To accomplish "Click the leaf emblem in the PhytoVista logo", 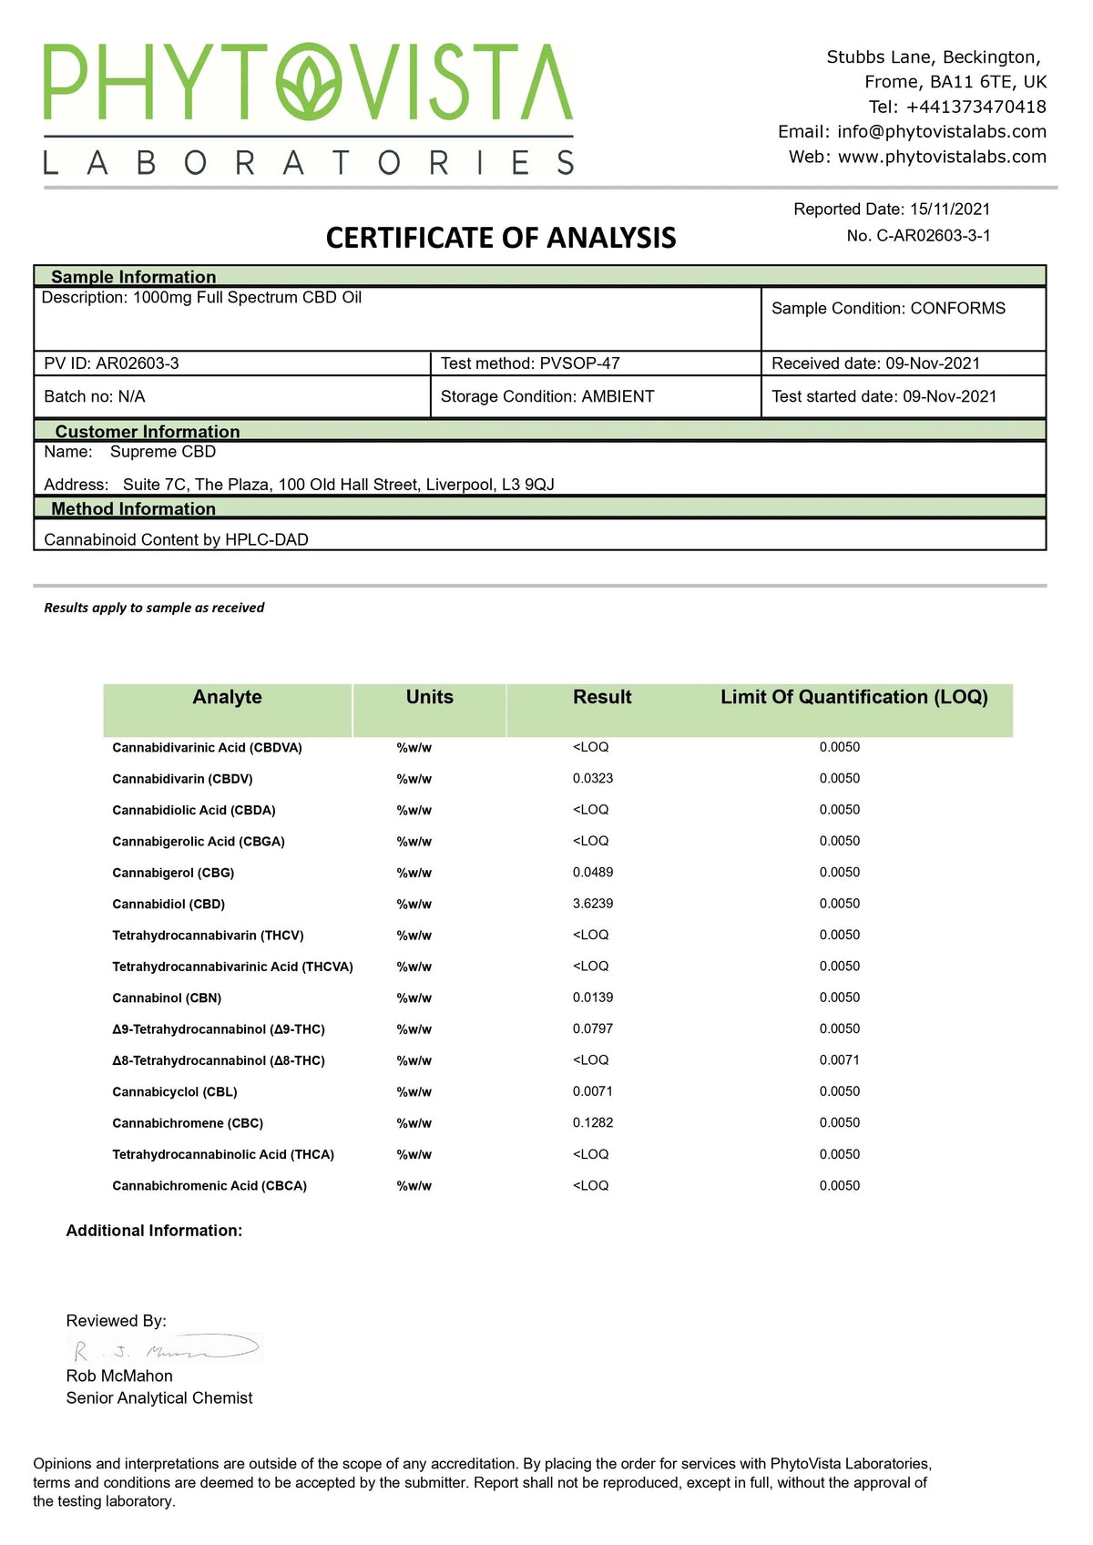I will (310, 82).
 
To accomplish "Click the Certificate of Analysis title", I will (501, 238).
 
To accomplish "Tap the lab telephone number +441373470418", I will (976, 107).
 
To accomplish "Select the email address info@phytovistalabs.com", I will (942, 131).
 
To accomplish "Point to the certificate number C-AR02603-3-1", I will (933, 236).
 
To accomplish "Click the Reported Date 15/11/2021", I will (950, 210).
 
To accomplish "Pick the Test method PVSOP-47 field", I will (530, 363).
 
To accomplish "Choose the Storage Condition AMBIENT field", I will (547, 396).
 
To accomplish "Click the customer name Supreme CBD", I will (163, 452).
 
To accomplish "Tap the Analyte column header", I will (227, 698).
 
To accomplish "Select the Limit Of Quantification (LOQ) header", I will (853, 698).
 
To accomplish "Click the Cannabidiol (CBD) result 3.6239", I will (593, 904).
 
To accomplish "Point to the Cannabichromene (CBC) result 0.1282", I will (593, 1123).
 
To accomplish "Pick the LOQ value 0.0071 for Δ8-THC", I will (839, 1060).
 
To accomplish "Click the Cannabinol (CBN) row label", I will (167, 998).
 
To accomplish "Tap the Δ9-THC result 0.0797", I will (593, 1029).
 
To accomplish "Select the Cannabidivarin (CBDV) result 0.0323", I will (593, 779).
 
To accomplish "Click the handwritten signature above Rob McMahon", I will (164, 1349).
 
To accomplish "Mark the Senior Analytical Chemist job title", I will (159, 1398).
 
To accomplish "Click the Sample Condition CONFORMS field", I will (888, 309).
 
